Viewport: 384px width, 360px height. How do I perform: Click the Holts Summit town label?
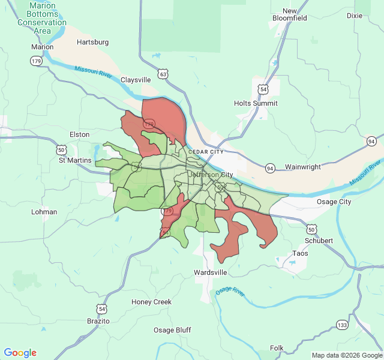[x=256, y=103]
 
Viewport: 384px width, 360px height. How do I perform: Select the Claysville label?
[x=136, y=80]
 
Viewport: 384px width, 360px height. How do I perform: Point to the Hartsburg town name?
[x=93, y=42]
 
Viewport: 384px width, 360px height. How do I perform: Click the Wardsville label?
[x=211, y=272]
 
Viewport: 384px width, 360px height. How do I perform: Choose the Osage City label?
[x=334, y=202]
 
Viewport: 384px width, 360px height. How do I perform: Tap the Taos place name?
[x=300, y=254]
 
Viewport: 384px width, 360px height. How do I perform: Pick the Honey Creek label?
[x=151, y=302]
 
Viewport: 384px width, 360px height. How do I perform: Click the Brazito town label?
[x=98, y=321]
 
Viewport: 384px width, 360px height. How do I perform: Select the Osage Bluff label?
[x=172, y=330]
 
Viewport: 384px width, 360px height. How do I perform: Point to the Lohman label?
[x=44, y=212]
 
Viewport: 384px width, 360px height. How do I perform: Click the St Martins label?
[x=75, y=160]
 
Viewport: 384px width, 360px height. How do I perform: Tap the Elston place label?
[x=79, y=134]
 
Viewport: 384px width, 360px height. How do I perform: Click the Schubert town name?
[x=319, y=241]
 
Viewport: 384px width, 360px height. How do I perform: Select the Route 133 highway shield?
[x=342, y=325]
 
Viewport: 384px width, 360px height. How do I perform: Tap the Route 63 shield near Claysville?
[x=163, y=74]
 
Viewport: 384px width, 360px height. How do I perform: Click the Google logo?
[x=20, y=353]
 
